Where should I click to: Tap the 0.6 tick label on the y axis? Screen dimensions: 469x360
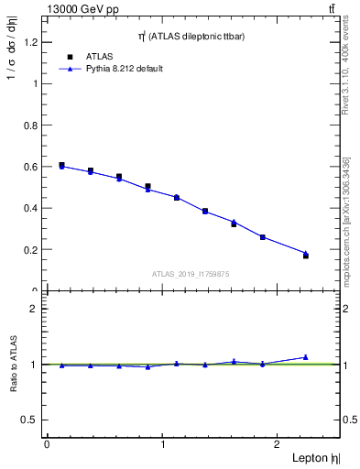(x=30, y=167)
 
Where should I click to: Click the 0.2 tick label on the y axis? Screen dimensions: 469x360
(x=30, y=249)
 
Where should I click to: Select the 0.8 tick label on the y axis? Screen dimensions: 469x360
(x=30, y=125)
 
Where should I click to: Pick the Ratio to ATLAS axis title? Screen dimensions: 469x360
(x=14, y=364)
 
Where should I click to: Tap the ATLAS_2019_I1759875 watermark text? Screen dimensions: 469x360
(x=191, y=273)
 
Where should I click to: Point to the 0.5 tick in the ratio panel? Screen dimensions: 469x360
(x=29, y=420)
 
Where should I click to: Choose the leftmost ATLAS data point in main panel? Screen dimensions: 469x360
(x=61, y=165)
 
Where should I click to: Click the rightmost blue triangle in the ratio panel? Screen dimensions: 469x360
(x=306, y=357)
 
